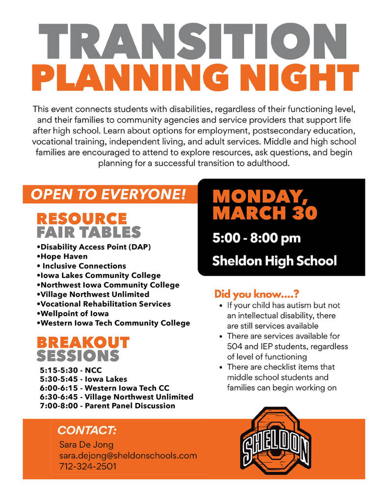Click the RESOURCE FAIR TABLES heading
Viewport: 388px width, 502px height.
[x=88, y=225]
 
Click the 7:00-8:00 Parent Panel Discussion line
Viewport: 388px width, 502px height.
[x=107, y=406]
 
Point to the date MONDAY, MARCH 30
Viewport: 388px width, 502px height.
[x=265, y=204]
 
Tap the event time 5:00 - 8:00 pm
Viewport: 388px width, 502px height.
[x=257, y=239]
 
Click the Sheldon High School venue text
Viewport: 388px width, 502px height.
[x=274, y=261]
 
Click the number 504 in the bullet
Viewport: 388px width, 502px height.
[x=235, y=347]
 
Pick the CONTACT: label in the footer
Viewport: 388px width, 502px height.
[x=87, y=431]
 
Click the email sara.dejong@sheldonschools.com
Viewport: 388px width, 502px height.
[x=128, y=456]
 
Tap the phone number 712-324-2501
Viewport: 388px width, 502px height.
[x=88, y=467]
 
